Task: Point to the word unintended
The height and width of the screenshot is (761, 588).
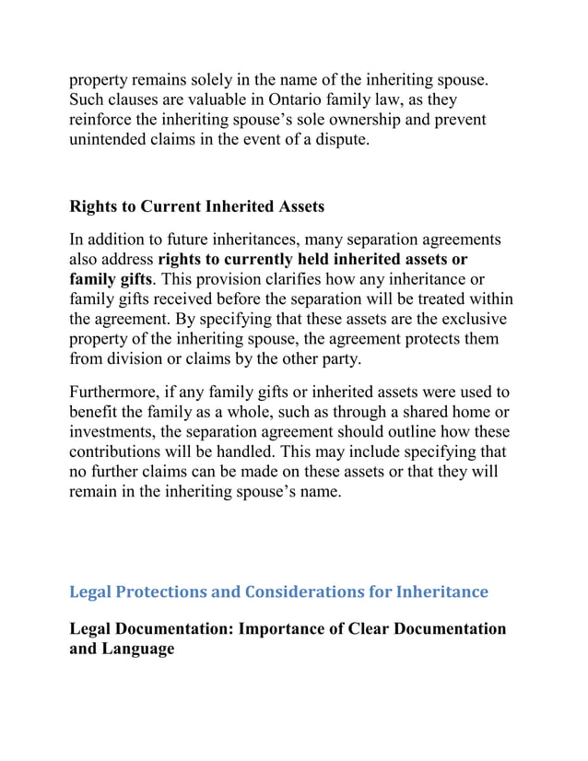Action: tap(112, 140)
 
